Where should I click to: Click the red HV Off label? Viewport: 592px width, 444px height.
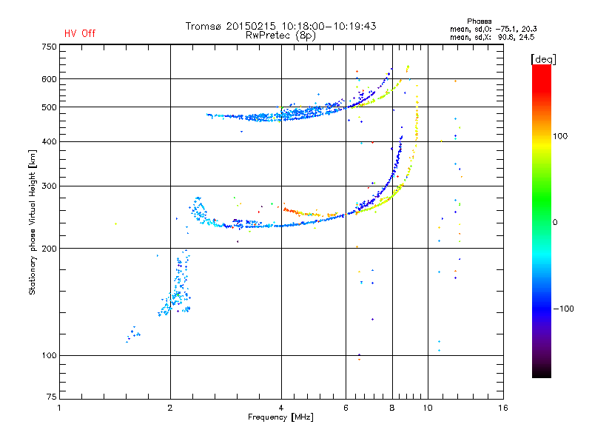point(80,33)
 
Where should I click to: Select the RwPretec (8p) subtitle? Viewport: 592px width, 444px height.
point(280,36)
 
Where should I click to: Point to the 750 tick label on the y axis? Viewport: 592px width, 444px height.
point(49,47)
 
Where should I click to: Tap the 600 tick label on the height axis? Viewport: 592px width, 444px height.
point(49,79)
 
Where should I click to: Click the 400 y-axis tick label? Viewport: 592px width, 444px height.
point(49,141)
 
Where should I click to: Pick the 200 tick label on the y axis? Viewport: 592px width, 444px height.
point(49,249)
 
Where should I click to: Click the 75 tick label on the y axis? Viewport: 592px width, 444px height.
point(52,397)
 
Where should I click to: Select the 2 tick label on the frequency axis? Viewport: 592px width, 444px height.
point(170,408)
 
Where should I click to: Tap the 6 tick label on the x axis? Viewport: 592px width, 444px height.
point(346,408)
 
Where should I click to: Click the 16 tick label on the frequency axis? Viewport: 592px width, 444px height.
point(503,408)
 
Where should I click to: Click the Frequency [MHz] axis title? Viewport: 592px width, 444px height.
point(280,417)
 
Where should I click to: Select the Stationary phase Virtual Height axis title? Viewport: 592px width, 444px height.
point(32,223)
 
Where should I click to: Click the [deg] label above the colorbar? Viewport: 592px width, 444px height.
point(543,59)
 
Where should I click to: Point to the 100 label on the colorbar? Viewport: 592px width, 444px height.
point(560,136)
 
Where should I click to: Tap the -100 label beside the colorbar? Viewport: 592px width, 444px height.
point(563,309)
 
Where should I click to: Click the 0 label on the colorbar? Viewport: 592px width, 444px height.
point(555,223)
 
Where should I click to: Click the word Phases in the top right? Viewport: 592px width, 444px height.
point(479,21)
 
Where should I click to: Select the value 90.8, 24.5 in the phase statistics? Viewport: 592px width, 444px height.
point(516,38)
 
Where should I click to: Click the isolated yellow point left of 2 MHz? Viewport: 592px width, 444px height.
point(115,224)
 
